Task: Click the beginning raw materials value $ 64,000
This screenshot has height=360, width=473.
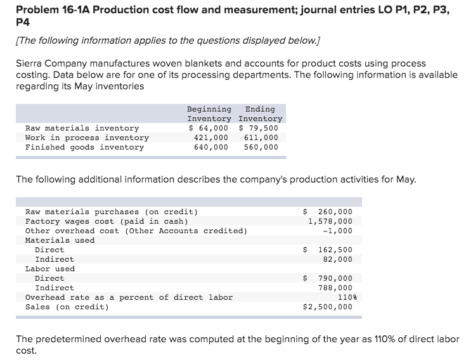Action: coord(209,128)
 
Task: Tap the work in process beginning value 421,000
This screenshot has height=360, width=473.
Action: coord(211,138)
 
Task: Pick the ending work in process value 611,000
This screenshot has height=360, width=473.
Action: coord(261,138)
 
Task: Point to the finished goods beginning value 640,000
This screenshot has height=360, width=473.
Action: coord(211,147)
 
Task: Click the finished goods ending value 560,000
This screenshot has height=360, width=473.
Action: coord(261,147)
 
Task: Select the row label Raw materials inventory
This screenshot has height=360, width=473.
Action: coord(82,128)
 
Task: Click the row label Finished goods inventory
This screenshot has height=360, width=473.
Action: coord(85,147)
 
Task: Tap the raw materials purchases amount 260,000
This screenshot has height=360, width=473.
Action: coord(328,212)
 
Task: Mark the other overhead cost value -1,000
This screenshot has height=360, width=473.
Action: coord(337,231)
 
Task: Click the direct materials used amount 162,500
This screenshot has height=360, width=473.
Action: coord(328,250)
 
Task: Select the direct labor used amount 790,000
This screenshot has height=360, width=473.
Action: coord(328,278)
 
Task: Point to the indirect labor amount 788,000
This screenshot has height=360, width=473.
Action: coord(335,288)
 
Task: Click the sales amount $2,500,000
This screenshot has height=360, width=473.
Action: coord(328,307)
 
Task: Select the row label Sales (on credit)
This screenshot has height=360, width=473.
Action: coord(67,307)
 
